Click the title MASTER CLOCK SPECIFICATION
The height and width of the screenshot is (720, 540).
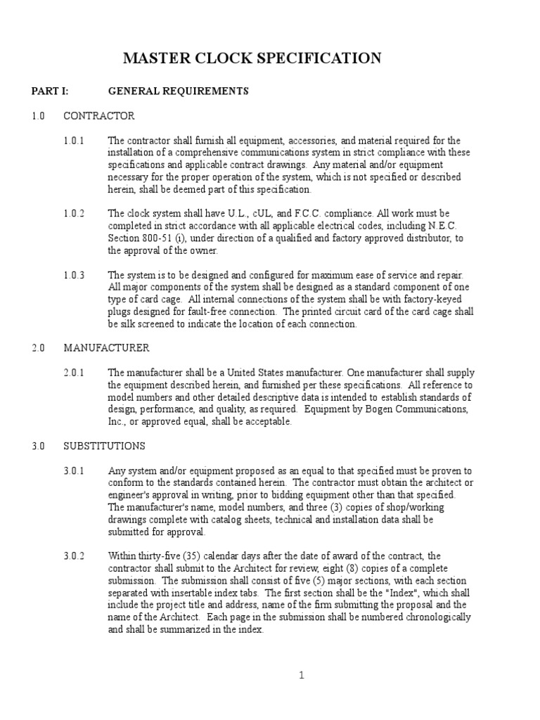252,58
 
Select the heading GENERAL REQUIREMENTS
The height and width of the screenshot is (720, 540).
178,91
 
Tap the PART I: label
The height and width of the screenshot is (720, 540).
49,91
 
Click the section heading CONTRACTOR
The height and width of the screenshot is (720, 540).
98,116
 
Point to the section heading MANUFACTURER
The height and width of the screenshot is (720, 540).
106,347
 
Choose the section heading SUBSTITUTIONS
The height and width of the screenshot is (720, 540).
104,446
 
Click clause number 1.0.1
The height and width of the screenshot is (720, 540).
73,141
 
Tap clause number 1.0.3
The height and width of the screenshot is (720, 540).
73,275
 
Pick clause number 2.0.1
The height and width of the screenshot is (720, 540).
73,373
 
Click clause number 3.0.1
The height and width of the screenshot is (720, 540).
73,470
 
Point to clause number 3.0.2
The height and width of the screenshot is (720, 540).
73,555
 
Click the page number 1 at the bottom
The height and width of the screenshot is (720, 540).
301,676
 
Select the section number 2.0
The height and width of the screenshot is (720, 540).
38,347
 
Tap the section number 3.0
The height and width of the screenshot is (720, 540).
38,446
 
